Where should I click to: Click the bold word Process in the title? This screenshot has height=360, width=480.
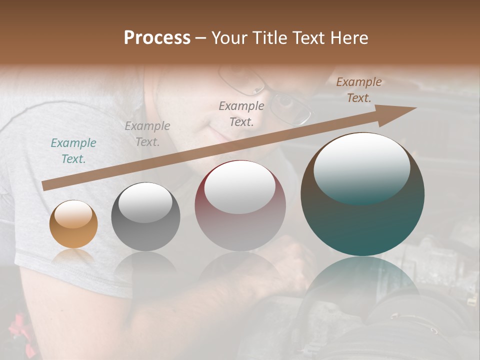[x=157, y=38]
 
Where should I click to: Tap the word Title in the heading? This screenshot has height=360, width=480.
[x=269, y=38]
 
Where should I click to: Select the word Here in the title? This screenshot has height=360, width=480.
[x=349, y=38]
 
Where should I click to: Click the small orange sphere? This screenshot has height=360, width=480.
[x=73, y=224]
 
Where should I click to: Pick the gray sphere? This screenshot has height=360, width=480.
[x=145, y=217]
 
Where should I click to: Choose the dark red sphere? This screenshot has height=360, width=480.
[x=240, y=206]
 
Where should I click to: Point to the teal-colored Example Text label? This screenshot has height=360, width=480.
[x=73, y=151]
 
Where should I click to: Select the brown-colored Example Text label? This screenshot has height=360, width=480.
[x=359, y=90]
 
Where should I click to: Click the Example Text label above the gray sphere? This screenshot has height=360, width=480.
[x=147, y=133]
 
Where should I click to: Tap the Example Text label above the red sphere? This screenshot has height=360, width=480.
[x=241, y=113]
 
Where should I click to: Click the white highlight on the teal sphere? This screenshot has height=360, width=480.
[x=361, y=168]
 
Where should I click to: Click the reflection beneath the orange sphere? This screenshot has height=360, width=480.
[x=73, y=256]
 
